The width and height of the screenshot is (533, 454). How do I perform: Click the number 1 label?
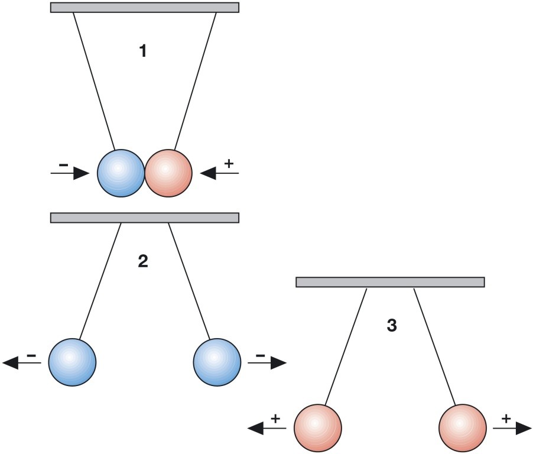142,51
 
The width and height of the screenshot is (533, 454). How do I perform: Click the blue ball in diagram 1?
121,173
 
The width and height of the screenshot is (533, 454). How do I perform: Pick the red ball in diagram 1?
168,173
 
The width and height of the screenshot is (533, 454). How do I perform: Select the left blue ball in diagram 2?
71,362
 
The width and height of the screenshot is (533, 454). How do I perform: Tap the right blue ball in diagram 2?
217,362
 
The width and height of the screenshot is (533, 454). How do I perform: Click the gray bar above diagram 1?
145,7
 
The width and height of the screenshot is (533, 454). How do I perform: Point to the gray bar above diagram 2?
145,218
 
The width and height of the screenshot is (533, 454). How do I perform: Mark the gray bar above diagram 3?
390,282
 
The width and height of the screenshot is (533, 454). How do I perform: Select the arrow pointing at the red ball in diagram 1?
219,173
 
